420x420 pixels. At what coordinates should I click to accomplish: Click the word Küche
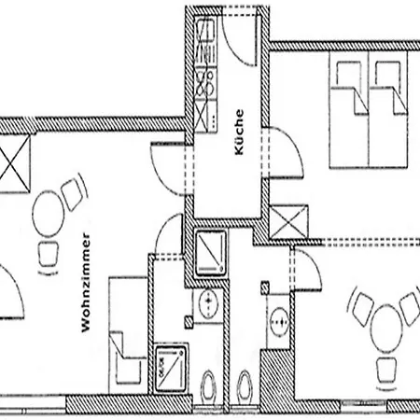pyautogui.click(x=239, y=132)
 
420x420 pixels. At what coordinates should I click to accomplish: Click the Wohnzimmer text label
pyautogui.click(x=86, y=283)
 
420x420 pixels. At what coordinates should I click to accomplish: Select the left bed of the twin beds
pyautogui.click(x=349, y=110)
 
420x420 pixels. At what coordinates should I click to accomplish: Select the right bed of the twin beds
pyautogui.click(x=388, y=110)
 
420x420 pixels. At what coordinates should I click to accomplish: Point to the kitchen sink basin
pyautogui.click(x=205, y=30)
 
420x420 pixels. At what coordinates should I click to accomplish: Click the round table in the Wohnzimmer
pyautogui.click(x=48, y=214)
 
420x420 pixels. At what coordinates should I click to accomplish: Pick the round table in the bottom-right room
pyautogui.click(x=385, y=328)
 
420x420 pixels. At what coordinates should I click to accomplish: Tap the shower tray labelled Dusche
pyautogui.click(x=170, y=369)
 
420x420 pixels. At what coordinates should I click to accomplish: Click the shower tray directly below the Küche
pyautogui.click(x=211, y=253)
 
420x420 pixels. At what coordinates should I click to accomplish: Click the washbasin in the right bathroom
pyautogui.click(x=279, y=321)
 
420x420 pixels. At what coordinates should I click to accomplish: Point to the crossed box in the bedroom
pyautogui.click(x=288, y=222)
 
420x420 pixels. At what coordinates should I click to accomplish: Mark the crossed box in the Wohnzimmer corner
pyautogui.click(x=14, y=163)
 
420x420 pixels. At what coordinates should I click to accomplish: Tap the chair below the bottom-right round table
pyautogui.click(x=386, y=371)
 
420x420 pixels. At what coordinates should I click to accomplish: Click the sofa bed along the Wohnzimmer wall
pyautogui.click(x=128, y=335)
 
